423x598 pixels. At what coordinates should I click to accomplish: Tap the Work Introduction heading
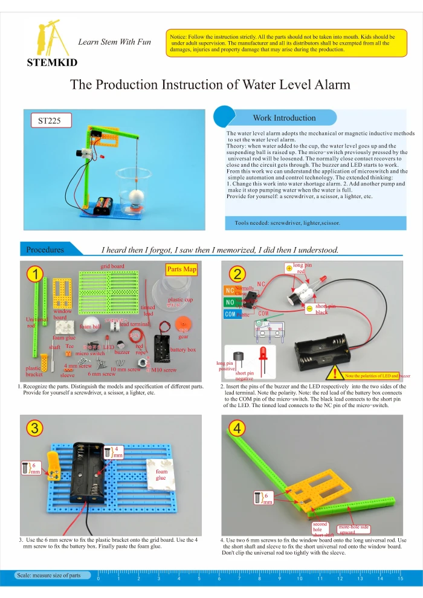click(283, 118)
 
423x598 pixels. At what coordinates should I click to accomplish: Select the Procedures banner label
click(45, 249)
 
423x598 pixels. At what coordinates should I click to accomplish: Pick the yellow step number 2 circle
click(237, 274)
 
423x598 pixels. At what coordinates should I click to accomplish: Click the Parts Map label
click(181, 269)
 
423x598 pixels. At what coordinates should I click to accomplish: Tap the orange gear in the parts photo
click(182, 327)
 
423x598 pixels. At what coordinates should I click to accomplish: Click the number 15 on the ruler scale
click(400, 579)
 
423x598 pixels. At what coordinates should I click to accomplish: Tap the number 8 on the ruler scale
click(259, 579)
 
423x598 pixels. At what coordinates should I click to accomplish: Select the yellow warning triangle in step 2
click(335, 371)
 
